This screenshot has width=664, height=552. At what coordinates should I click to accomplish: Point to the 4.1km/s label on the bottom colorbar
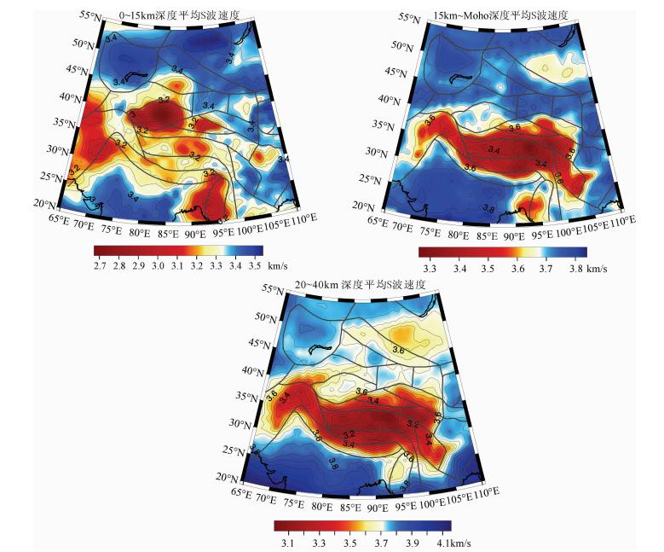pyautogui.click(x=458, y=543)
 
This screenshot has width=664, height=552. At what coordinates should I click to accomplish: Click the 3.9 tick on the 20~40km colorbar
pyautogui.click(x=413, y=543)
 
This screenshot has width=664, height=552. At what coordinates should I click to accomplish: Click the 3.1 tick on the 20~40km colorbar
pyautogui.click(x=287, y=543)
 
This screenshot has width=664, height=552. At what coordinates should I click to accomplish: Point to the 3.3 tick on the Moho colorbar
pyautogui.click(x=430, y=269)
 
